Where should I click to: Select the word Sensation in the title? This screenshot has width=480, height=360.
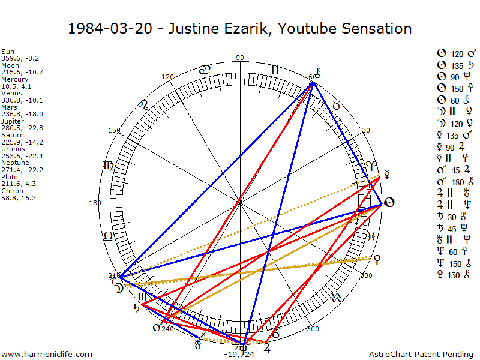[379, 28]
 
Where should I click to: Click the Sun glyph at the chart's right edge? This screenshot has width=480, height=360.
[388, 203]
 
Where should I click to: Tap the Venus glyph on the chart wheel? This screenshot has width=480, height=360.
[377, 259]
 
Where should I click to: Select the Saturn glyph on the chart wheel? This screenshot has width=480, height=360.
[137, 308]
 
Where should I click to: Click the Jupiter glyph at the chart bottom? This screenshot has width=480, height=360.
[266, 347]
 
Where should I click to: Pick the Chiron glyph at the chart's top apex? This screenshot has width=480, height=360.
[318, 74]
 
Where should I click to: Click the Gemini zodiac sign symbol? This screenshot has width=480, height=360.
[275, 70]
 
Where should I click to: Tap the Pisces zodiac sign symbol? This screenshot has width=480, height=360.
[371, 236]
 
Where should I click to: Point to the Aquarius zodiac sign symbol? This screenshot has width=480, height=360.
[337, 297]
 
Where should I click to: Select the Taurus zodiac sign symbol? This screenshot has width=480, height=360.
[337, 106]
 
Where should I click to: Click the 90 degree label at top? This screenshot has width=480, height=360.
[241, 58]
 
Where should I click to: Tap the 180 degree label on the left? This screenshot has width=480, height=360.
[95, 203]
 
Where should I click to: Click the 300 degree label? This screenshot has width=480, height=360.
[312, 329]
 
